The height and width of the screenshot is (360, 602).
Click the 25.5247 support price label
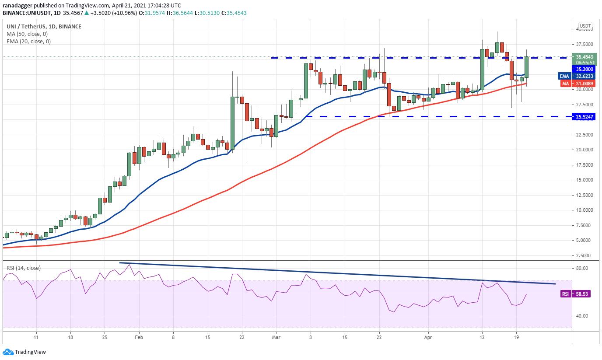coord(584,117)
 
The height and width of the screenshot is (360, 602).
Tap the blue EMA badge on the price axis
coord(564,76)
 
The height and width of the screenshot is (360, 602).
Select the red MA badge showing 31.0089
coord(565,84)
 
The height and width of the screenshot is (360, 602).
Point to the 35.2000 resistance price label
coord(584,69)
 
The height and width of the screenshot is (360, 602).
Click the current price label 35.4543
coord(584,57)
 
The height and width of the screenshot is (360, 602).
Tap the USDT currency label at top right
coord(585,26)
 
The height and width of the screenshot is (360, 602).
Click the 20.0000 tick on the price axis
coord(584,150)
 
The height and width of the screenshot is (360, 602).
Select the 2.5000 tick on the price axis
coord(584,255)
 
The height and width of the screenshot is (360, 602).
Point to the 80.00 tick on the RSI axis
coord(582,268)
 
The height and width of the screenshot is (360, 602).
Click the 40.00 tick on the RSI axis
coord(582,316)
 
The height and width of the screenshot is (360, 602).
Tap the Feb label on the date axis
coord(139,338)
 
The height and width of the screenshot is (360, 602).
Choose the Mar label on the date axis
coord(276,338)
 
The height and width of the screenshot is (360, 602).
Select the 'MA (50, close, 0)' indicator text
coord(28,34)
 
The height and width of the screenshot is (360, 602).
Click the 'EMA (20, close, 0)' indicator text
coord(29,42)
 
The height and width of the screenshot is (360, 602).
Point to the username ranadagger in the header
coord(17,5)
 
